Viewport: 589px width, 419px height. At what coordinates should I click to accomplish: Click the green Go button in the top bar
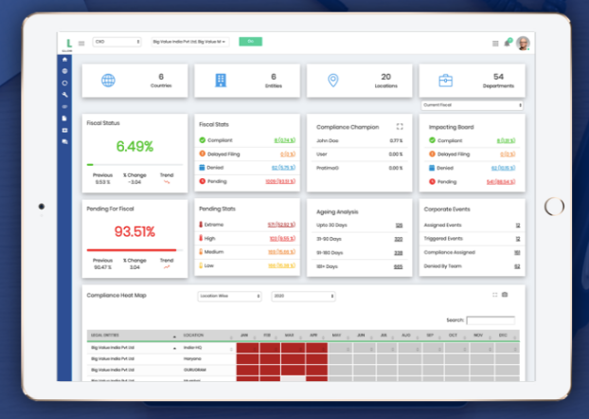click(x=250, y=42)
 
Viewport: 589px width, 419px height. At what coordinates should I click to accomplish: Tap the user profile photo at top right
click(x=523, y=43)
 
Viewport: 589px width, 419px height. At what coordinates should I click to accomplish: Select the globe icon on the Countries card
click(x=109, y=81)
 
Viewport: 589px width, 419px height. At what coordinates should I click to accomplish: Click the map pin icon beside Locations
click(x=332, y=81)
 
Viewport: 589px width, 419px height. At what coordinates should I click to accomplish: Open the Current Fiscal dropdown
click(x=472, y=104)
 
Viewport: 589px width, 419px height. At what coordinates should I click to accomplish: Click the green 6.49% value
click(x=134, y=146)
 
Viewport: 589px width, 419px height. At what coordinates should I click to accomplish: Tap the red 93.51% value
click(x=134, y=232)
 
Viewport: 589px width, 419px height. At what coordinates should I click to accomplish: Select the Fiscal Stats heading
click(x=215, y=125)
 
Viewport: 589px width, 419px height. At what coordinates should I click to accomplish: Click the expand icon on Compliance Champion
click(x=400, y=125)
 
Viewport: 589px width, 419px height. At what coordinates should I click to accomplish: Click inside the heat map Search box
click(x=491, y=320)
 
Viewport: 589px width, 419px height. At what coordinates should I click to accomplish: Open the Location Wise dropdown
click(x=229, y=296)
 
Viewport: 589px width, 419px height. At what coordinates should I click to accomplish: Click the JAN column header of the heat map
click(x=244, y=335)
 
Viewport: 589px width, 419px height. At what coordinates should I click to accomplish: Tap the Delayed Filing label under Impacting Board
click(x=454, y=154)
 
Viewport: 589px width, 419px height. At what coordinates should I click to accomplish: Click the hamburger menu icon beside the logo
click(x=81, y=43)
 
